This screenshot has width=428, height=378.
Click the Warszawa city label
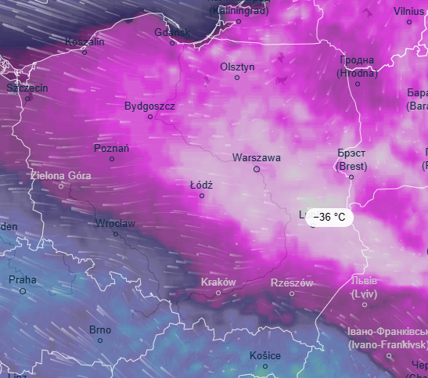(x=256, y=157)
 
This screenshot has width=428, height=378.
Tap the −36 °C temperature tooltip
(x=329, y=217)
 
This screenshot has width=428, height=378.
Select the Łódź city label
(x=201, y=185)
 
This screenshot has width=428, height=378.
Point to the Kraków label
(x=218, y=282)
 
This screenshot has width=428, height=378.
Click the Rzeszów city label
(x=291, y=283)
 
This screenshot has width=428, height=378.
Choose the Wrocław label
(x=115, y=223)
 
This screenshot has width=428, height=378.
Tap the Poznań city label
(x=111, y=148)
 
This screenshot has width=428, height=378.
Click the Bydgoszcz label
(x=149, y=106)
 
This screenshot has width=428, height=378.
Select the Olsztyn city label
(x=237, y=67)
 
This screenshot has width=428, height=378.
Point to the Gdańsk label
(x=172, y=32)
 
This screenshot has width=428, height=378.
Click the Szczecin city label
(x=27, y=88)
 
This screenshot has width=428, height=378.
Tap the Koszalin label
(x=85, y=41)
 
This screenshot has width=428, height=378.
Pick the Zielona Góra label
(x=60, y=175)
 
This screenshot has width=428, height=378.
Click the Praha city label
(x=22, y=279)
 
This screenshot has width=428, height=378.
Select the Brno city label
(x=100, y=329)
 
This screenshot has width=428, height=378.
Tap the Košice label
(x=264, y=355)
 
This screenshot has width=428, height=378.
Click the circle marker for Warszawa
(x=256, y=169)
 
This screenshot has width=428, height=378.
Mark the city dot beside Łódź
(x=202, y=196)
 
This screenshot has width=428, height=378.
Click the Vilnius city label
(x=408, y=11)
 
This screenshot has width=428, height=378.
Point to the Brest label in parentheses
(x=351, y=166)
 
